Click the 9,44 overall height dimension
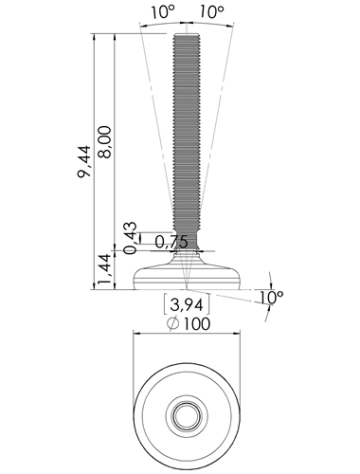[84, 161]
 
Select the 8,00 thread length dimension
[104, 142]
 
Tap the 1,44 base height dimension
[105, 268]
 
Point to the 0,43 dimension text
[131, 238]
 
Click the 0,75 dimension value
[171, 243]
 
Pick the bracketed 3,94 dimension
[187, 304]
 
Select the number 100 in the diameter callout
[196, 324]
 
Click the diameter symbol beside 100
[173, 323]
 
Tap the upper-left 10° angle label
[162, 12]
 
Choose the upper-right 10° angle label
[211, 12]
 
